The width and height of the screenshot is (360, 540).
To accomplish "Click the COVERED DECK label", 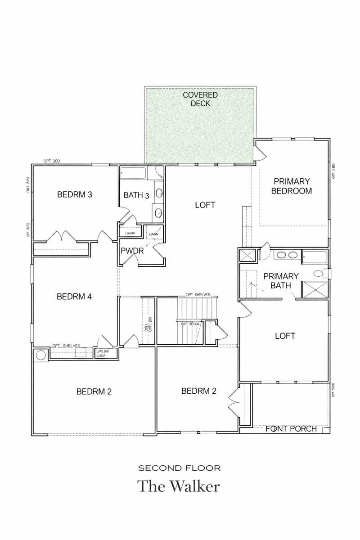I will point(200,99).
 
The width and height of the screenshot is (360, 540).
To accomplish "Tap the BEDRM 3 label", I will point(75,195).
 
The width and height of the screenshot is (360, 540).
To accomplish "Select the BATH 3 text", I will point(136,195).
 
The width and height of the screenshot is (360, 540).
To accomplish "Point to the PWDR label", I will point(132,251).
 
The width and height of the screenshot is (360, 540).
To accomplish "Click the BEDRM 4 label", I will point(75,297).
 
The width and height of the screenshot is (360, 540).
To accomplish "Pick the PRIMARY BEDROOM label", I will point(292,186).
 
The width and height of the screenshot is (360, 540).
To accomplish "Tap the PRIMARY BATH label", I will point(281,280).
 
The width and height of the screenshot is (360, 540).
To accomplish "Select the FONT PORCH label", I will point(291,429).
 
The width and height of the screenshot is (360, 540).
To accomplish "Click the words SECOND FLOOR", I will point(180,468).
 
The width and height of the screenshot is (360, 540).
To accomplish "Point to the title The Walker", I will point(179,486).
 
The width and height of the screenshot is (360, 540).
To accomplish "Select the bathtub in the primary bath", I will point(314,256).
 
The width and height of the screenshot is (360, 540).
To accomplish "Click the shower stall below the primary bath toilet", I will point(315,289).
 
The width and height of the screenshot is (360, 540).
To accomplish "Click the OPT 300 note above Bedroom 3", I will point(51,161).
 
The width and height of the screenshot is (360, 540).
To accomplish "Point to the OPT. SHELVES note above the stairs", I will point(198,294).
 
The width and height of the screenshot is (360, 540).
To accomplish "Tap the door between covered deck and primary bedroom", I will point(260,154).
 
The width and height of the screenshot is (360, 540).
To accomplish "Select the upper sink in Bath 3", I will point(159,193).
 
